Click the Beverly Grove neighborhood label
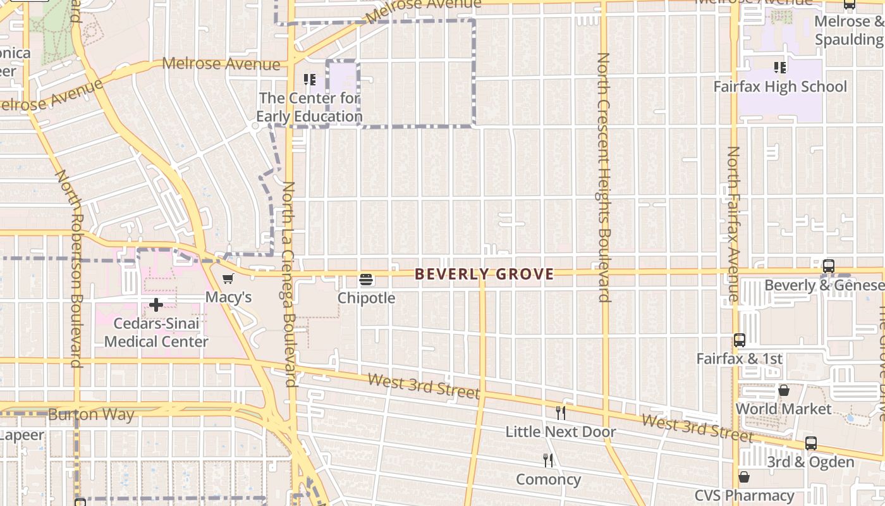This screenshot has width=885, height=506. tap(484, 274)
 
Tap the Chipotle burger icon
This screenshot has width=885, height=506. tap(366, 280)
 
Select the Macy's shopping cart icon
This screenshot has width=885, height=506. tap(228, 279)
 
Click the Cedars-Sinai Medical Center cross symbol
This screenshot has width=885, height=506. tap(156, 305)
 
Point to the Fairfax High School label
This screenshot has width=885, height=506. tap(780, 87)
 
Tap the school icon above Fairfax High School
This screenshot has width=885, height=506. tap(780, 67)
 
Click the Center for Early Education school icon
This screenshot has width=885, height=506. tap(310, 80)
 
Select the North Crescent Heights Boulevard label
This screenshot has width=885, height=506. tap(604, 177)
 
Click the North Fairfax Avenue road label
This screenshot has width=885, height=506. tap(733, 224)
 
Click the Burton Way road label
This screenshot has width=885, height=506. tap(91, 415)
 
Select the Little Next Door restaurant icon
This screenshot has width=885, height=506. tap(561, 413)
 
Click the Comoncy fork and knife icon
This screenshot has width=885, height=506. tap(548, 460)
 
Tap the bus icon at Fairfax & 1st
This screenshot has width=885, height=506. tap(740, 340)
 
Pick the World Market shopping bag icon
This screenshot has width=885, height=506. tap(784, 390)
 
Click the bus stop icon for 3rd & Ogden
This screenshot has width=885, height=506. tap(811, 443)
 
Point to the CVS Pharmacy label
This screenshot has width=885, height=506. tap(744, 495)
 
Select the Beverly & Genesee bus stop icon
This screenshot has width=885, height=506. tap(829, 266)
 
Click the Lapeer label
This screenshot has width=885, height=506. tap(22, 435)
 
